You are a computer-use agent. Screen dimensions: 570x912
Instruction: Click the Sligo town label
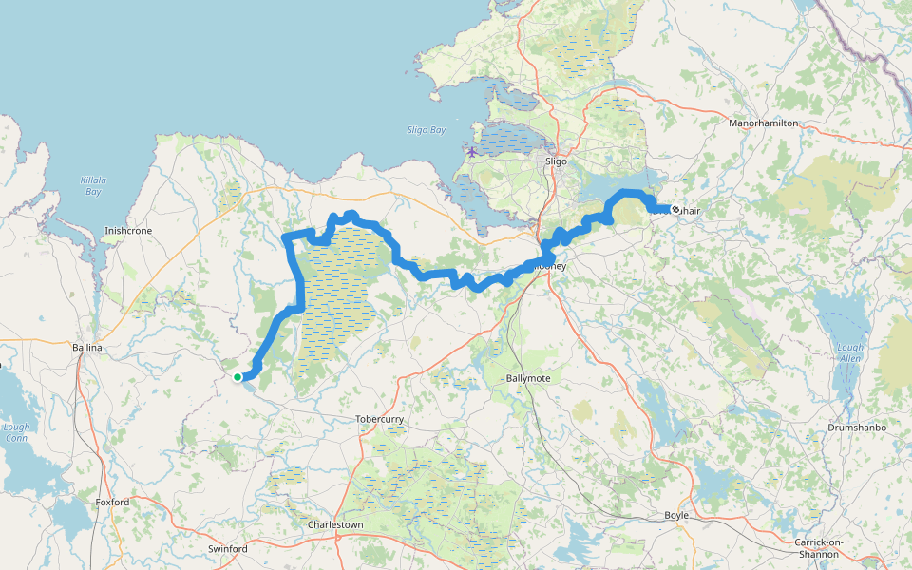point(556,161)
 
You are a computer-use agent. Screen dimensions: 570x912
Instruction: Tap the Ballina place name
point(86,349)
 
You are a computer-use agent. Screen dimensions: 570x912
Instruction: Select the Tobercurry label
point(380,419)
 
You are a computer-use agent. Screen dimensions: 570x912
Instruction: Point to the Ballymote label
point(529,378)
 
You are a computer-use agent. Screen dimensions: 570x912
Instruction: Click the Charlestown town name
point(335,524)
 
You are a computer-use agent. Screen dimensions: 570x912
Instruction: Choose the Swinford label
point(227,549)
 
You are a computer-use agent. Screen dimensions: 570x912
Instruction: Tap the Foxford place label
point(112,502)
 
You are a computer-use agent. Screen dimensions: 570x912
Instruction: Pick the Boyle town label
point(676,515)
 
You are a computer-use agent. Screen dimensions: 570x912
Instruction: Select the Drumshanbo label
point(856,428)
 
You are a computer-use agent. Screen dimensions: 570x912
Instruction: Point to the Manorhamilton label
point(763,123)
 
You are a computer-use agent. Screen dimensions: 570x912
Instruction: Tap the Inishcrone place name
point(128,231)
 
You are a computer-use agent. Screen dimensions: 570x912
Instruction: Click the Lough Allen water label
point(851,352)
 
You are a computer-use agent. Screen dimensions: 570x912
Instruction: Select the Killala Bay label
point(91,185)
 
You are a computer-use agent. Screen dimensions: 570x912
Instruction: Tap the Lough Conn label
point(16,432)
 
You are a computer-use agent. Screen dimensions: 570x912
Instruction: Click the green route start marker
point(237,377)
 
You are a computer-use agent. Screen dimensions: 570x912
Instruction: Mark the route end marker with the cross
point(675,209)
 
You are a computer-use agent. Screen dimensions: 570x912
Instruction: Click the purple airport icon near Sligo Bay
point(472,152)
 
